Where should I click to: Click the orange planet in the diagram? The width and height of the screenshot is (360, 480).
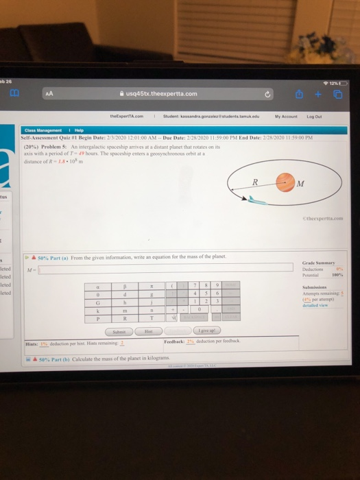pos(283,182)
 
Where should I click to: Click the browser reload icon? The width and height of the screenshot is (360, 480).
pos(260,94)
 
